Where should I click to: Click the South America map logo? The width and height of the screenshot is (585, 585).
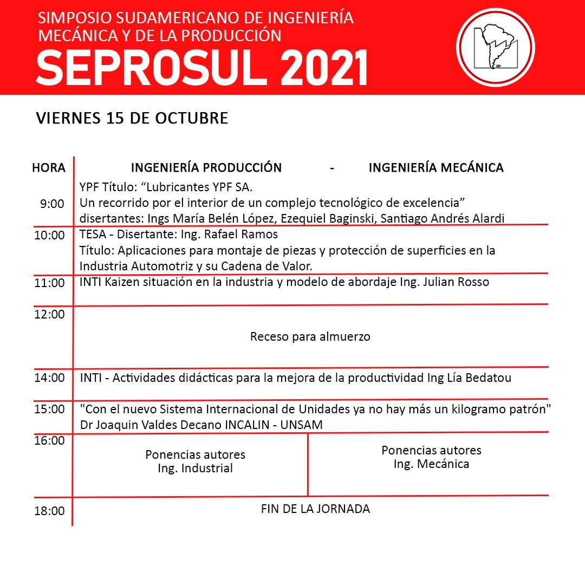[496, 48]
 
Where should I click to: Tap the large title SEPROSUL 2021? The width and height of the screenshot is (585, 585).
[201, 68]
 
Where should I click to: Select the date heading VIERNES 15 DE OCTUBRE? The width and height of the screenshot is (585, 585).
[132, 118]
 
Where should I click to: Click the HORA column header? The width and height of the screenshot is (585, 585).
[49, 168]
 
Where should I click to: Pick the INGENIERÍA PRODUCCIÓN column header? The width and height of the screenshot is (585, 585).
[206, 168]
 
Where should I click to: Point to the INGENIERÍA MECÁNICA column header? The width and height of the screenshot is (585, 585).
[436, 168]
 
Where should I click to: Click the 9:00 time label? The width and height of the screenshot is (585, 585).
[52, 204]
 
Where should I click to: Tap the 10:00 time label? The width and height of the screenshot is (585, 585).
[49, 236]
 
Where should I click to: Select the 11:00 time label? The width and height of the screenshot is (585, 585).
[49, 283]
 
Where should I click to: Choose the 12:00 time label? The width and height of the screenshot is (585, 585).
[49, 314]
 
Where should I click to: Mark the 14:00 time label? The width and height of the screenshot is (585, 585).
[49, 378]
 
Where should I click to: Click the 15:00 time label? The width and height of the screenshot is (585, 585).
[49, 409]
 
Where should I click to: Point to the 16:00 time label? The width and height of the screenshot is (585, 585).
[49, 441]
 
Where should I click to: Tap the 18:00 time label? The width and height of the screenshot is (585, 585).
[49, 511]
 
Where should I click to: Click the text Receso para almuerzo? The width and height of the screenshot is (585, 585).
[310, 337]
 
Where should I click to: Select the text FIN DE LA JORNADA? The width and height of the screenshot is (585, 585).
[315, 509]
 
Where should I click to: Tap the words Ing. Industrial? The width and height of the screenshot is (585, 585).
[195, 469]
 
